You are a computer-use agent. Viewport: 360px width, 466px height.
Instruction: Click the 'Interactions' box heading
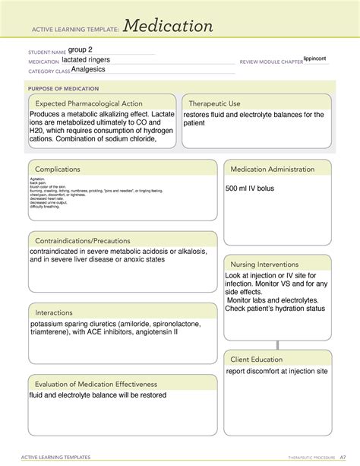click(52, 312)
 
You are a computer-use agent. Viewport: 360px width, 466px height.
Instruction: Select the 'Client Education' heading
click(257, 359)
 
